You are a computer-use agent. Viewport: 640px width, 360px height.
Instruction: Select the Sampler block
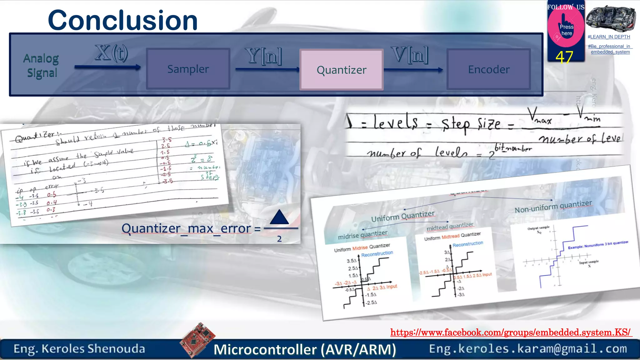[x=188, y=69]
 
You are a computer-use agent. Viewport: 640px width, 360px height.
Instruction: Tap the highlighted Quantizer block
[x=341, y=70]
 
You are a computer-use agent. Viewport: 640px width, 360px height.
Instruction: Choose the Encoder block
[x=488, y=69]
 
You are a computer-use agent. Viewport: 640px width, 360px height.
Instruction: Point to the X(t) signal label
[x=112, y=53]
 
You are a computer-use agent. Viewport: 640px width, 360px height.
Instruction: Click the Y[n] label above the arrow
[x=263, y=56]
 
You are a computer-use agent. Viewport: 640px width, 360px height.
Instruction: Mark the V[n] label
[x=409, y=55]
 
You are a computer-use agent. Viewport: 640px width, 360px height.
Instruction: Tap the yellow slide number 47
[x=564, y=57]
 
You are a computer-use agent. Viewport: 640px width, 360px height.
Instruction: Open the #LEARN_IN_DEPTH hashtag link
[x=609, y=37]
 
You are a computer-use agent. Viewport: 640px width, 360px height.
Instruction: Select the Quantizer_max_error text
[x=186, y=229]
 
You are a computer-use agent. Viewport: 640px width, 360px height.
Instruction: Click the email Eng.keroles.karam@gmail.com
[x=528, y=349]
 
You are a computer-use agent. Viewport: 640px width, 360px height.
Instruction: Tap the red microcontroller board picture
[x=197, y=339]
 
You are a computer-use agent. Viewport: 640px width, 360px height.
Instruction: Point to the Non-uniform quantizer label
[x=553, y=207]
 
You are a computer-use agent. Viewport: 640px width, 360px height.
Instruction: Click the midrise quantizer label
[x=362, y=235]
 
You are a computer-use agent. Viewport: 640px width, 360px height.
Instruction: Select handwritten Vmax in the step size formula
[x=540, y=117]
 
